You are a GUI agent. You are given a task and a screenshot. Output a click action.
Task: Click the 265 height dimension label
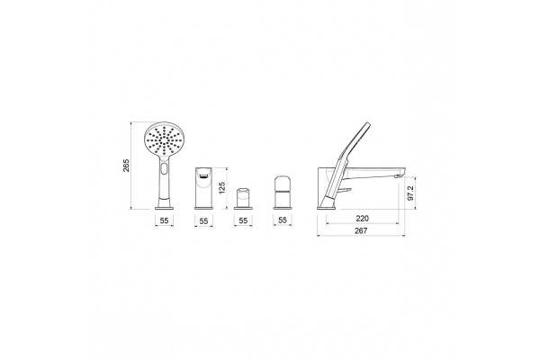(x=126, y=166)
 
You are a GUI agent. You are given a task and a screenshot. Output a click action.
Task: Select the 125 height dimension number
(x=222, y=188)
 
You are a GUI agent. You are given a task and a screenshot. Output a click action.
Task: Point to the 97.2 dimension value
(x=410, y=193)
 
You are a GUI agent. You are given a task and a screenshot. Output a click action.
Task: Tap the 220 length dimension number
(x=362, y=219)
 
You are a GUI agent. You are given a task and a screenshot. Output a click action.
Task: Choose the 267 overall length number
(x=361, y=230)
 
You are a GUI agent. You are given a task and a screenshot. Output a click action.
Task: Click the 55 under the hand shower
(x=165, y=220)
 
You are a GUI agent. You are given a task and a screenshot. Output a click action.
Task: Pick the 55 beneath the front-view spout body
(x=204, y=220)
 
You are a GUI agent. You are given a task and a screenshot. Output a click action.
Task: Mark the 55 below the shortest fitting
(x=243, y=220)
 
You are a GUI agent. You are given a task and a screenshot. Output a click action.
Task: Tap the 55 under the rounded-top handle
(x=283, y=220)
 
